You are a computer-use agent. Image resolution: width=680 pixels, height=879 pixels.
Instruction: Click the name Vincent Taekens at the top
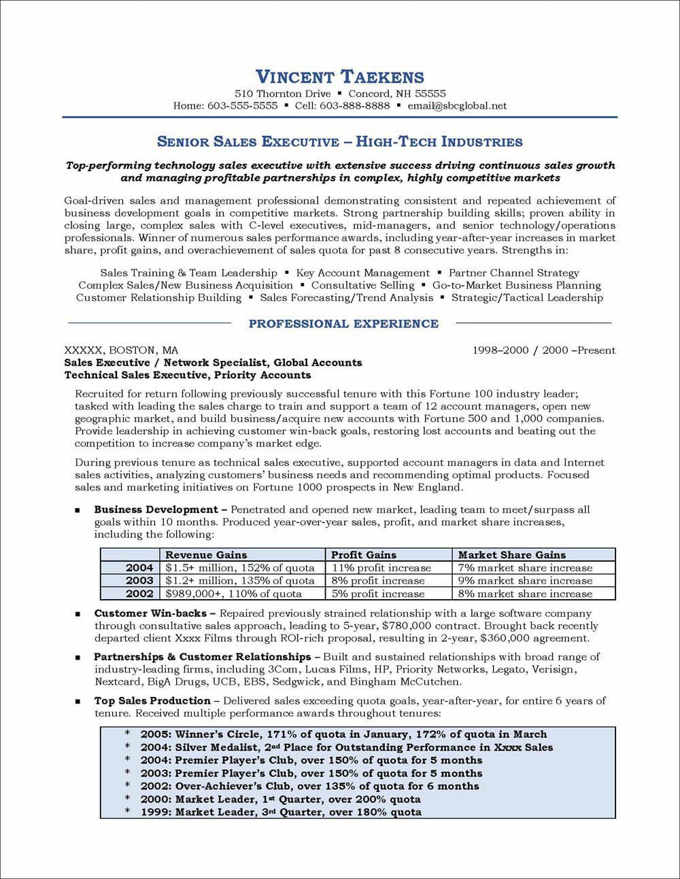tap(339, 77)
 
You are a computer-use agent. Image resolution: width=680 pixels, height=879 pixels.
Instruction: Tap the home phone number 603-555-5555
tap(244, 106)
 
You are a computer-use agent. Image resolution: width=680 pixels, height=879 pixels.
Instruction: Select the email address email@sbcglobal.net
tap(457, 106)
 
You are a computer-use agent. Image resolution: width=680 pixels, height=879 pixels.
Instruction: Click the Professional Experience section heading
tap(343, 324)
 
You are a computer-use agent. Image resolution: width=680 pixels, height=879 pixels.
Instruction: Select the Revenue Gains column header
tap(206, 555)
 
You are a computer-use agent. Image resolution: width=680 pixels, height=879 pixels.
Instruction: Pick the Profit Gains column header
tap(364, 555)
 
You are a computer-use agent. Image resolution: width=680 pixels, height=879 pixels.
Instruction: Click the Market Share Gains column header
tap(511, 555)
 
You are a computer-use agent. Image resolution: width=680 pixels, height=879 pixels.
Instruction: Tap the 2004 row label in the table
tap(139, 568)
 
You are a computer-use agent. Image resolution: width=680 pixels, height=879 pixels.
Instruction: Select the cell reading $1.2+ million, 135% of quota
tap(240, 581)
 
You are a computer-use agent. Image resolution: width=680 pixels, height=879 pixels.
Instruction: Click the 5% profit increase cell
tap(378, 594)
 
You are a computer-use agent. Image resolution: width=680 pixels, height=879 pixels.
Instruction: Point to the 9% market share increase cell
tap(525, 581)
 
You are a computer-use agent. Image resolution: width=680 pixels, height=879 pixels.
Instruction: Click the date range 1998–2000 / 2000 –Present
tap(543, 351)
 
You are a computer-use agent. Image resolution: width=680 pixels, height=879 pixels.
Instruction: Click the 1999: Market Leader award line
tap(280, 812)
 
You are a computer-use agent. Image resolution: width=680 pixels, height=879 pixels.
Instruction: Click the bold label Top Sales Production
tap(152, 701)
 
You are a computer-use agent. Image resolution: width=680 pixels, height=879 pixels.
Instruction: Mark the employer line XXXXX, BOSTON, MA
tap(121, 351)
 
